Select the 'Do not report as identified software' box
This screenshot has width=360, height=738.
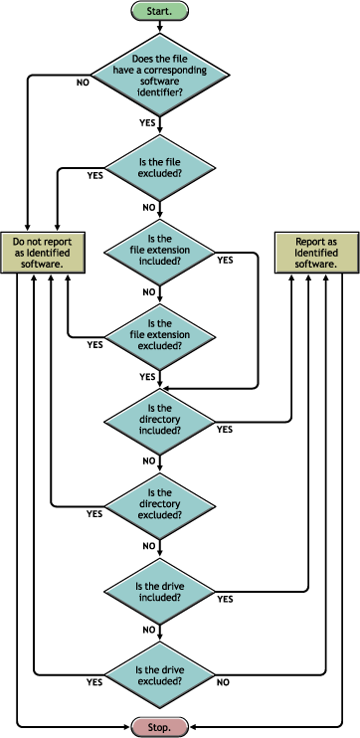tap(44, 253)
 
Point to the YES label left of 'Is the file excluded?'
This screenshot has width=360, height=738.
tap(95, 175)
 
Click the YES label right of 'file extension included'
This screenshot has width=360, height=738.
tap(225, 260)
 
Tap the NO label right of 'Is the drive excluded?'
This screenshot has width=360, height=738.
tap(222, 683)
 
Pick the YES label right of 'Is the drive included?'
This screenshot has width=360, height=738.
tap(225, 599)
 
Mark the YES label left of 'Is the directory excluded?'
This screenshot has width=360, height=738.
tap(94, 514)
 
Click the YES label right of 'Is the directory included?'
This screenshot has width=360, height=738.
tap(225, 430)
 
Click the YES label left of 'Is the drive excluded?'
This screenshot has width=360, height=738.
tap(94, 683)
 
